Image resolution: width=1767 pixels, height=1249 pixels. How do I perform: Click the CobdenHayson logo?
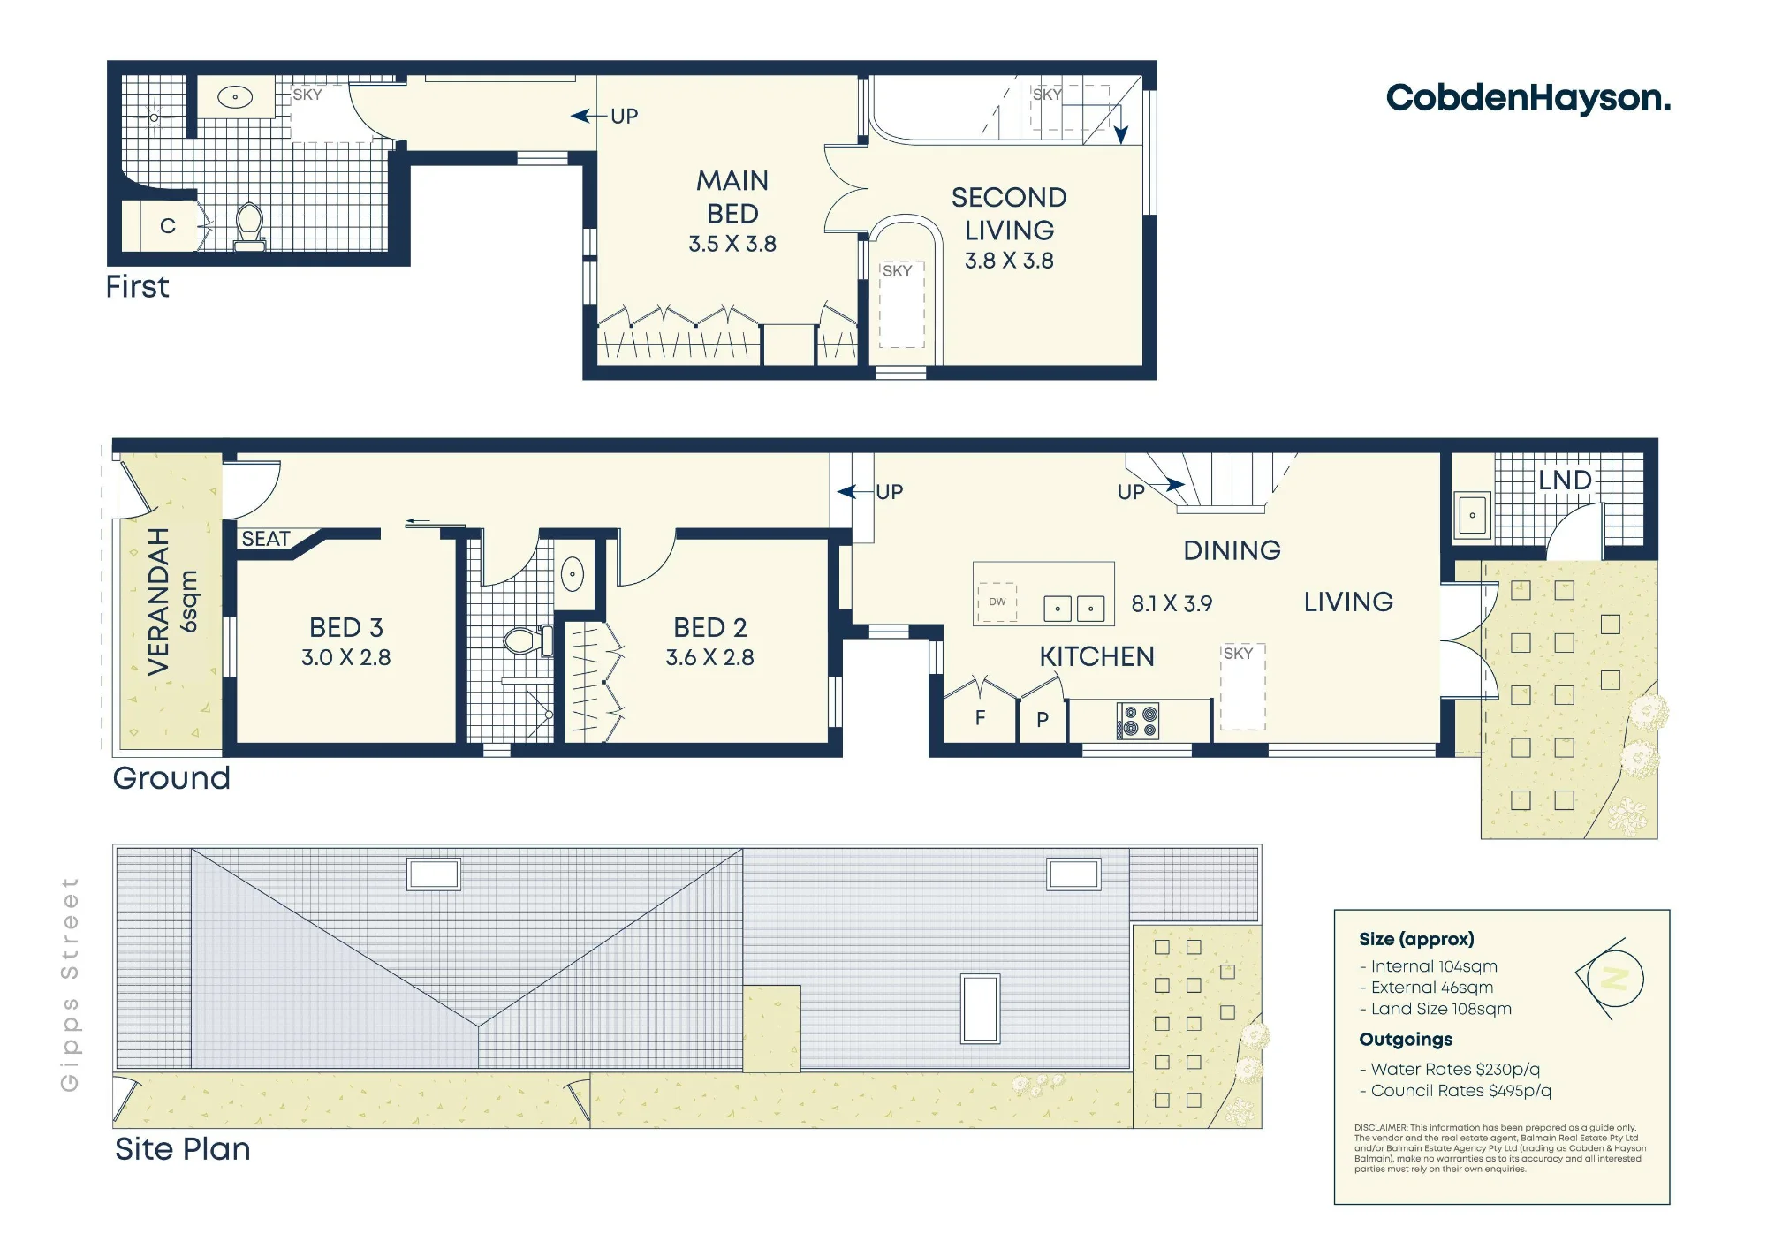coord(1528,97)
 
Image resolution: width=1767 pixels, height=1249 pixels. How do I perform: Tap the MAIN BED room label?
coord(732,197)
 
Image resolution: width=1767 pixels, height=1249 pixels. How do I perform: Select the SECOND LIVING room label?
coord(1009,214)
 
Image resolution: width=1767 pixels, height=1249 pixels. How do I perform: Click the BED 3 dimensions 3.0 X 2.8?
coord(346,658)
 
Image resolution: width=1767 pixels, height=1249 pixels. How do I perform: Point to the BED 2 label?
coord(710,628)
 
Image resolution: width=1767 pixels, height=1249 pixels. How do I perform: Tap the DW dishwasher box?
coord(997,602)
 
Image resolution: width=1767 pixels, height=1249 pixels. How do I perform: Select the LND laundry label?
coord(1565,481)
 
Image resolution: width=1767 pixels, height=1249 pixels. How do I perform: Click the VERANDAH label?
coord(158,602)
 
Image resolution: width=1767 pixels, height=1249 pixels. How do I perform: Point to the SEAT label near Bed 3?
coord(266,539)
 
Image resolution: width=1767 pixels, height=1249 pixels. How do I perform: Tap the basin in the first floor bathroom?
coord(236,97)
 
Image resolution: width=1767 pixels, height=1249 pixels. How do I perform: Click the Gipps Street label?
coord(70,984)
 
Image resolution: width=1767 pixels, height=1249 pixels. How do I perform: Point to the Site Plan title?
coord(183,1149)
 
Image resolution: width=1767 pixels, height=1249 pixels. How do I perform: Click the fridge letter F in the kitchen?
coord(980,718)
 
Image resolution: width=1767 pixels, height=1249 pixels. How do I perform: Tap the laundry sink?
coord(1472,515)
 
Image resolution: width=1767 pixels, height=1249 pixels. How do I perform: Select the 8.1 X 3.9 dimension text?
coord(1172,604)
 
